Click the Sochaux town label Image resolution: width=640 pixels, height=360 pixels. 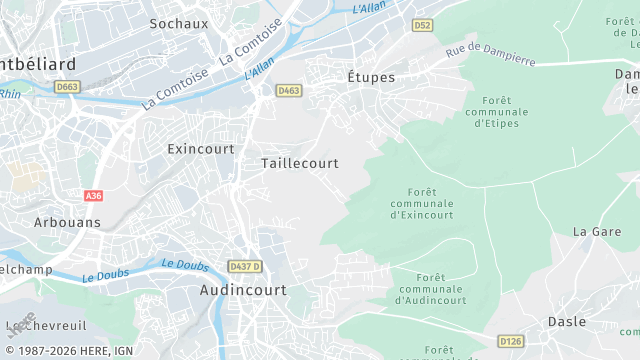point(178,22)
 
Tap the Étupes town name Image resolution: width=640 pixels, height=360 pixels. point(371,77)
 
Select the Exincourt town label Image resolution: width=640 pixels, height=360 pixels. point(201,148)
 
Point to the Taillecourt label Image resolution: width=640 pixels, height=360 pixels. point(299,162)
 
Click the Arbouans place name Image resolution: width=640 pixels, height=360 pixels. point(67,222)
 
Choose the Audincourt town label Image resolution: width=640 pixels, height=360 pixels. point(243,290)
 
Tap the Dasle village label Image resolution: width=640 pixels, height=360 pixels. point(566,321)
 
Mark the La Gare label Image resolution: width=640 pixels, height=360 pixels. point(597,231)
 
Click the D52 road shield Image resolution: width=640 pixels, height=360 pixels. point(424,23)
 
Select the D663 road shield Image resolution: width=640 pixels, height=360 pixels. point(67,87)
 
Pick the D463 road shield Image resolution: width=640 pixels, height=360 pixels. point(289,90)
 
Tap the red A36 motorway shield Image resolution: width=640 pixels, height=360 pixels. point(94,196)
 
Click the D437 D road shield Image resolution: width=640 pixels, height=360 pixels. point(244,266)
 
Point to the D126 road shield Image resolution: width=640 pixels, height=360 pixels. point(510,342)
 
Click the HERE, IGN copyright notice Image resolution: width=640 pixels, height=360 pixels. point(67,351)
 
